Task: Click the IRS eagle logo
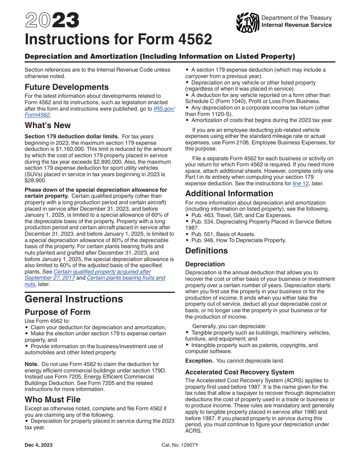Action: click(247, 23)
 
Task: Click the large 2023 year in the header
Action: click(52, 21)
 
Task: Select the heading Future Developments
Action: click(67, 87)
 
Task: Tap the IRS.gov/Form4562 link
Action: click(164, 109)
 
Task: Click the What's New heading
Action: click(48, 125)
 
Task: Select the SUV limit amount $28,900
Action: click(37, 181)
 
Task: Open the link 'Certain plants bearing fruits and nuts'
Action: click(126, 278)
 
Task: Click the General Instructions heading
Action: click(74, 299)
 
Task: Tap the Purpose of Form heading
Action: click(58, 312)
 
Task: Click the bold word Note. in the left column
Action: click(31, 364)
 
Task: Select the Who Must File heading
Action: click(53, 400)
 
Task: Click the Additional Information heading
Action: click(229, 193)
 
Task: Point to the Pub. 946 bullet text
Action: click(238, 240)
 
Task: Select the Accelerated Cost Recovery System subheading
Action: click(239, 372)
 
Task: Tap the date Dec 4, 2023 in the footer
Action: click(39, 445)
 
